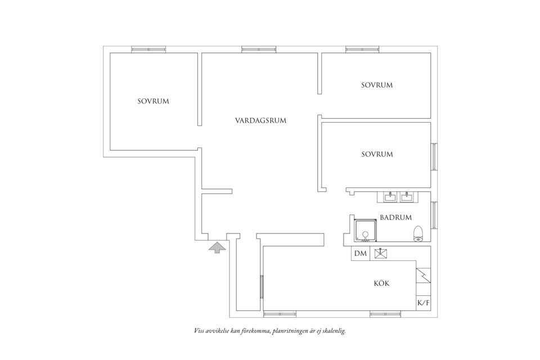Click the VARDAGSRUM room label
point(261,120)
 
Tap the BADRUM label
point(395,217)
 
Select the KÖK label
point(381,283)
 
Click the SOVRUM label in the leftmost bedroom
point(153,101)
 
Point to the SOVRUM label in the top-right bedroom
point(377,85)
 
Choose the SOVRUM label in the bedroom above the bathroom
point(377,154)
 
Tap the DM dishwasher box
point(361,254)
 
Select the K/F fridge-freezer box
point(423,304)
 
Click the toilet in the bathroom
point(418,233)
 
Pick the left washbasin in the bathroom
point(389,196)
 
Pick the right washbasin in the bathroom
point(407,196)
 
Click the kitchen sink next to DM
point(381,254)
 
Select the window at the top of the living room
point(259,49)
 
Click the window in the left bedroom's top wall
point(148,49)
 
